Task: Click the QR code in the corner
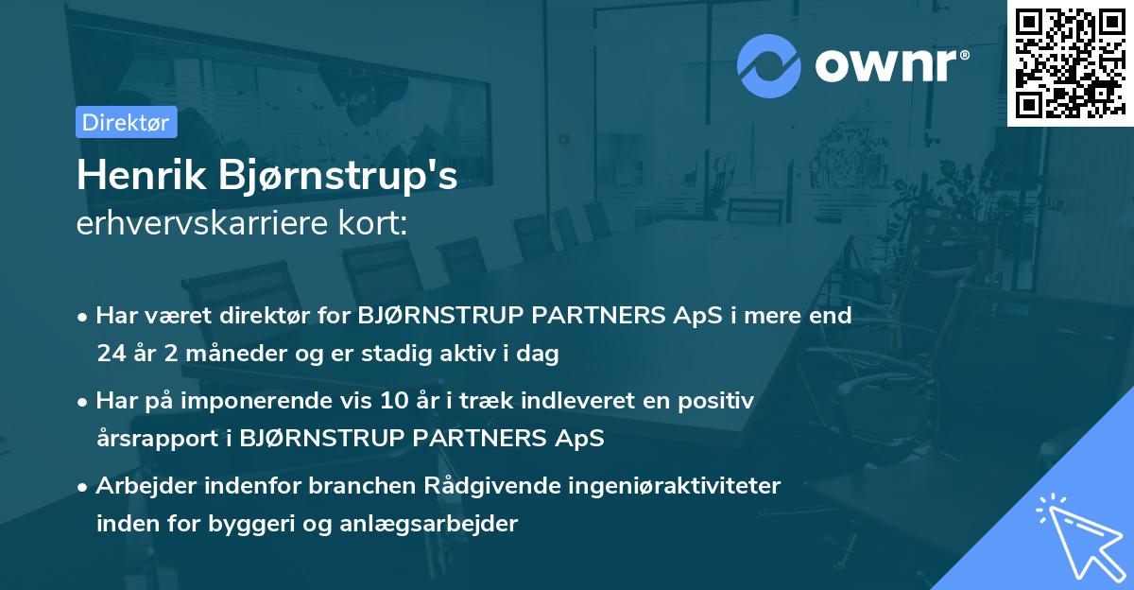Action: [1070, 62]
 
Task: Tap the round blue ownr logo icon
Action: [768, 65]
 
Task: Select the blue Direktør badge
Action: [126, 122]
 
